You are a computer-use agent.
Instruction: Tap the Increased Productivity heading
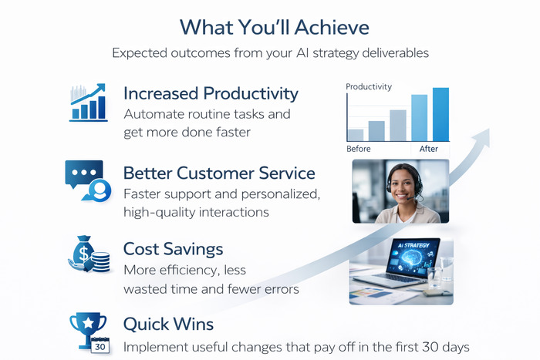(x=211, y=93)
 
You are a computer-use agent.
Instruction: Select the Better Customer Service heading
(x=219, y=172)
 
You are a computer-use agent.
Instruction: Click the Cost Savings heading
(x=174, y=249)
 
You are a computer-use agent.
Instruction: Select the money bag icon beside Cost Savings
(x=89, y=254)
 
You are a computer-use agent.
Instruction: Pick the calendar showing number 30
(x=100, y=346)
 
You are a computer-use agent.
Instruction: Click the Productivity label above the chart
(x=369, y=86)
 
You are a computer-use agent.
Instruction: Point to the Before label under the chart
(x=359, y=149)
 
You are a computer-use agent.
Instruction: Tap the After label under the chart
(x=428, y=149)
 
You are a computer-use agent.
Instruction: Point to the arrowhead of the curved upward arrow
(x=483, y=135)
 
